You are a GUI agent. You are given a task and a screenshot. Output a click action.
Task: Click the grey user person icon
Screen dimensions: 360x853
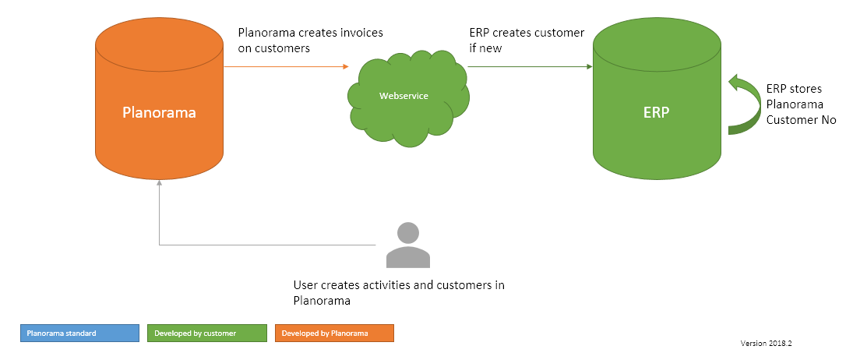point(407,245)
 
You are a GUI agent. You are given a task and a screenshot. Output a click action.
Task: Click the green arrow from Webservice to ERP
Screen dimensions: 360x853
point(530,67)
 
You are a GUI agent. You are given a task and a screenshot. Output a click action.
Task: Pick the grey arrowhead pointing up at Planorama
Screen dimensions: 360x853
point(159,183)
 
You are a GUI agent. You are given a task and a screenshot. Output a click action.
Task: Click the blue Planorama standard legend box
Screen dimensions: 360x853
point(79,333)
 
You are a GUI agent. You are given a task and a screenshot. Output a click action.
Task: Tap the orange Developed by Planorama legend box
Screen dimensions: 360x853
point(335,333)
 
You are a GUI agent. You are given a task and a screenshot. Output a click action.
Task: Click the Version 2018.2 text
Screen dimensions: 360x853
point(770,343)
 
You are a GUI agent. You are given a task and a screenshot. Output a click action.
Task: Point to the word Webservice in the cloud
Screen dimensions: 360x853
point(404,96)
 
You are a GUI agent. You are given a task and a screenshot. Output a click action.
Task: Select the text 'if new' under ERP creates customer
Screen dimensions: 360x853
point(485,48)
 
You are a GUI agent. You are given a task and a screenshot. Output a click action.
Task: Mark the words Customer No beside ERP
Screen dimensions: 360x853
point(802,120)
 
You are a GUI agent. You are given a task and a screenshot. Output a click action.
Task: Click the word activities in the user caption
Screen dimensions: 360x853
point(385,285)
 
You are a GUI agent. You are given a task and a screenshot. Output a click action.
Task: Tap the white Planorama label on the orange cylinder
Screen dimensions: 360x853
point(159,112)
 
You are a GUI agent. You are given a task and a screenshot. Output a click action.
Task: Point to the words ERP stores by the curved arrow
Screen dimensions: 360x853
point(794,88)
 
